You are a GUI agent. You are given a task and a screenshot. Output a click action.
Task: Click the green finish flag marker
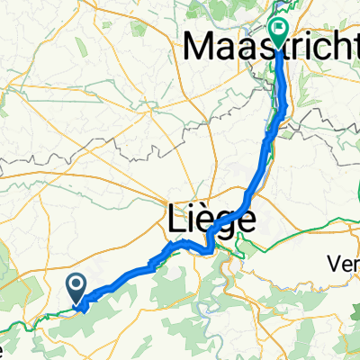pos(281,31)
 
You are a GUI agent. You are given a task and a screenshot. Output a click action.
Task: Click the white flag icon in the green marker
pos(281,29)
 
